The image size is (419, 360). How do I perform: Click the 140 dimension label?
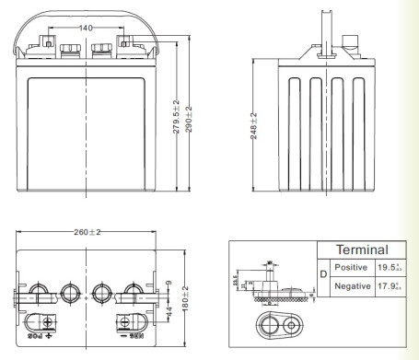coord(86,29)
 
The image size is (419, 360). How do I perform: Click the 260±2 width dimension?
coord(85,232)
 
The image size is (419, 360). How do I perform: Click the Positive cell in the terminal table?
coord(351,267)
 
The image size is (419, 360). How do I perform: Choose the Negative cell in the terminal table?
coord(351,286)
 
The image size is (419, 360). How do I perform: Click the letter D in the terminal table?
coord(322,276)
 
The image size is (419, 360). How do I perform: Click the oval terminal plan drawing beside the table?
coord(277,327)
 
